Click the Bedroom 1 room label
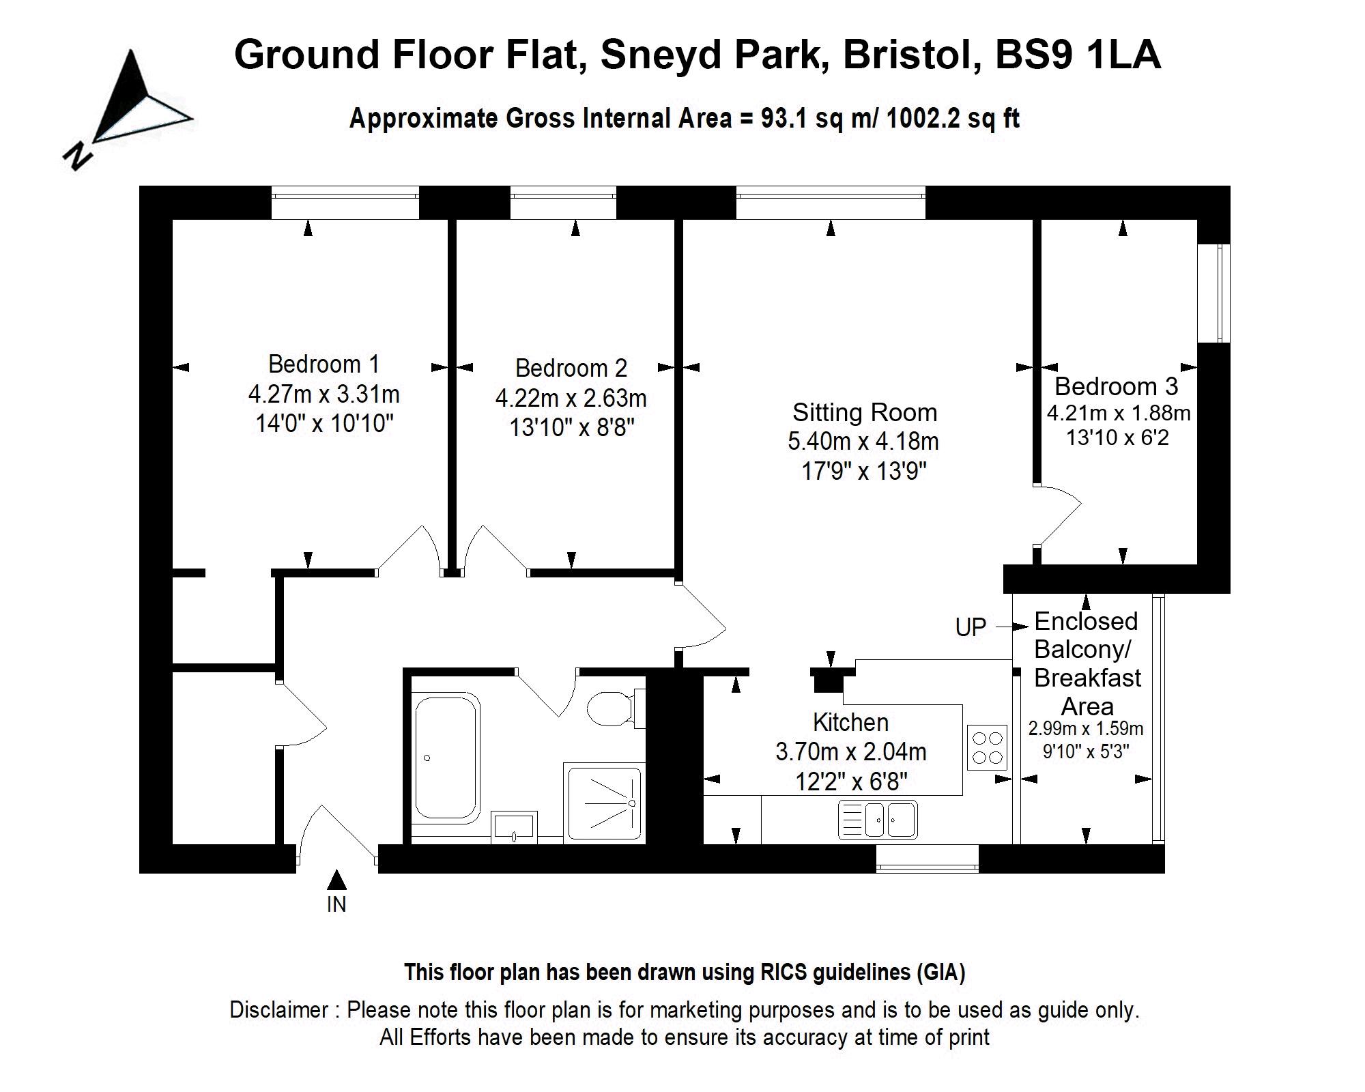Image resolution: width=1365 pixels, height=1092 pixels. click(324, 364)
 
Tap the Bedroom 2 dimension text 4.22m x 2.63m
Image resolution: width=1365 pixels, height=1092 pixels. click(571, 398)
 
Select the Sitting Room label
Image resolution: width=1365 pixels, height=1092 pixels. click(864, 412)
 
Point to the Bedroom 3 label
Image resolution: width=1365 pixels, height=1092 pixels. click(1116, 386)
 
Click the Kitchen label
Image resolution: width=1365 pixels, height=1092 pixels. click(850, 722)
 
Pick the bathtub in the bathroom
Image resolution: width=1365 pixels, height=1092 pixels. click(446, 756)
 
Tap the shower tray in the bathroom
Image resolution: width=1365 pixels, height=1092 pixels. click(603, 803)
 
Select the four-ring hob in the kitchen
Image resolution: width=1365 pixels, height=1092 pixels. click(987, 747)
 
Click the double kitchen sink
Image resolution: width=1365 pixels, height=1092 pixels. click(878, 820)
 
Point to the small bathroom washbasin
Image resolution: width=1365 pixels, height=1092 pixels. click(514, 827)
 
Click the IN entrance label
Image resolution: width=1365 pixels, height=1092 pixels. click(336, 904)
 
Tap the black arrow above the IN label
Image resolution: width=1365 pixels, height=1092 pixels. click(336, 880)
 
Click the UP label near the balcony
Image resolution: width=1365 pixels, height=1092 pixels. click(971, 627)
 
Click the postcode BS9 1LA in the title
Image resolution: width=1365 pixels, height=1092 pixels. click(1078, 55)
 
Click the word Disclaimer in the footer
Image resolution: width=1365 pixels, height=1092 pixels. click(278, 1009)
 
